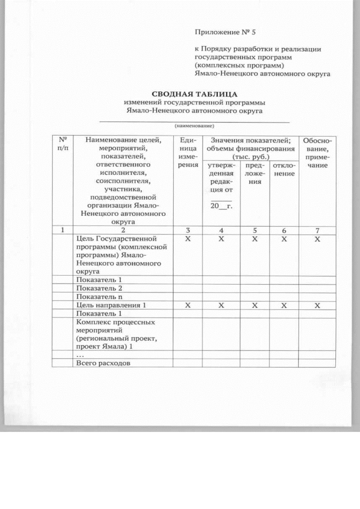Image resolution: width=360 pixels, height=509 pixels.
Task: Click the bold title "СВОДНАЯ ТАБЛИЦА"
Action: (195, 94)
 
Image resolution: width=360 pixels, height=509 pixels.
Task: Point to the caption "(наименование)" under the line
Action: (194, 125)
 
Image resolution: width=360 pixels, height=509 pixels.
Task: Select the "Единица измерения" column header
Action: (187, 152)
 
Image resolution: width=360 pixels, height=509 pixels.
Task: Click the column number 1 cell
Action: (63, 230)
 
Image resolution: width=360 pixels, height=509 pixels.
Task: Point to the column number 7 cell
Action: (317, 230)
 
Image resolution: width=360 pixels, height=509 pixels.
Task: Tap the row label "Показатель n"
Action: (99, 297)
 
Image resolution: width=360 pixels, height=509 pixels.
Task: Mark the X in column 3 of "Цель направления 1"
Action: (187, 305)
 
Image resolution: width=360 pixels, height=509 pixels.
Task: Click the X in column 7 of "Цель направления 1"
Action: (317, 305)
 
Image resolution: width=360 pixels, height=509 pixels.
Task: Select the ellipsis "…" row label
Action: (80, 355)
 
